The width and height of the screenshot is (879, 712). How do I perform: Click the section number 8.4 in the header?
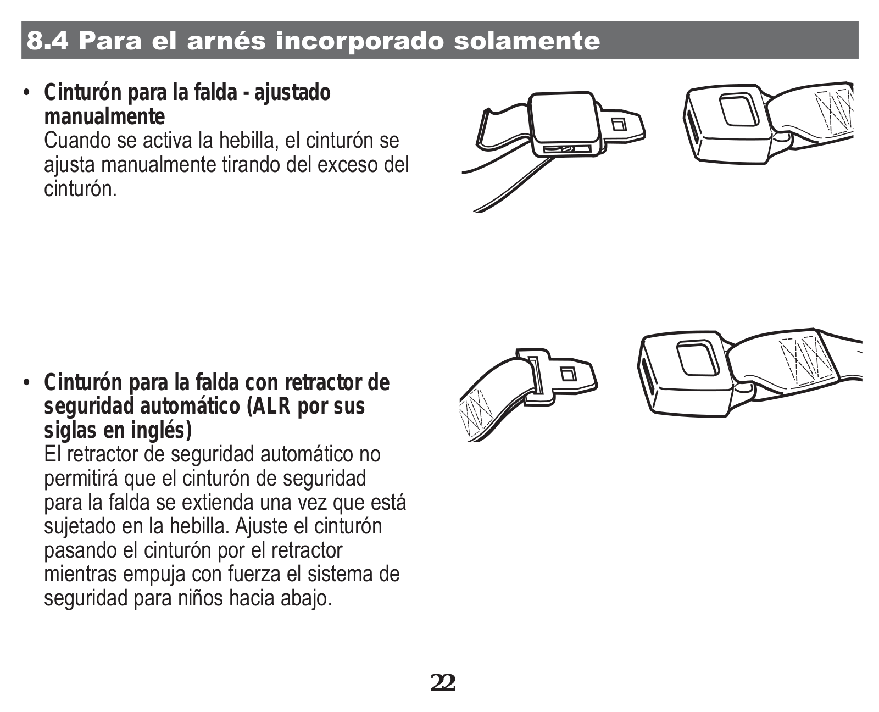pyautogui.click(x=47, y=41)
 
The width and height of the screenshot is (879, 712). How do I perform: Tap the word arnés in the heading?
pyautogui.click(x=226, y=41)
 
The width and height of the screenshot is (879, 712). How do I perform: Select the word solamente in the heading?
pyautogui.click(x=527, y=41)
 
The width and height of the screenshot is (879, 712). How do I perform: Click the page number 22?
pyautogui.click(x=443, y=683)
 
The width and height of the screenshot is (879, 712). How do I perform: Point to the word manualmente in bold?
pyautogui.click(x=104, y=116)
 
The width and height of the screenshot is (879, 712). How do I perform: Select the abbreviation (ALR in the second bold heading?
pyautogui.click(x=269, y=406)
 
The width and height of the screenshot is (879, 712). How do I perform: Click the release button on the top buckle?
pyautogui.click(x=739, y=109)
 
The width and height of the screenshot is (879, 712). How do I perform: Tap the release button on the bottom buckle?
pyautogui.click(x=698, y=358)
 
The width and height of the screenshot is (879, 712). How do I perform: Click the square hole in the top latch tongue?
pyautogui.click(x=619, y=124)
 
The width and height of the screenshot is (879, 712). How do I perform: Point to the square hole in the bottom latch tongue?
pyautogui.click(x=568, y=374)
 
